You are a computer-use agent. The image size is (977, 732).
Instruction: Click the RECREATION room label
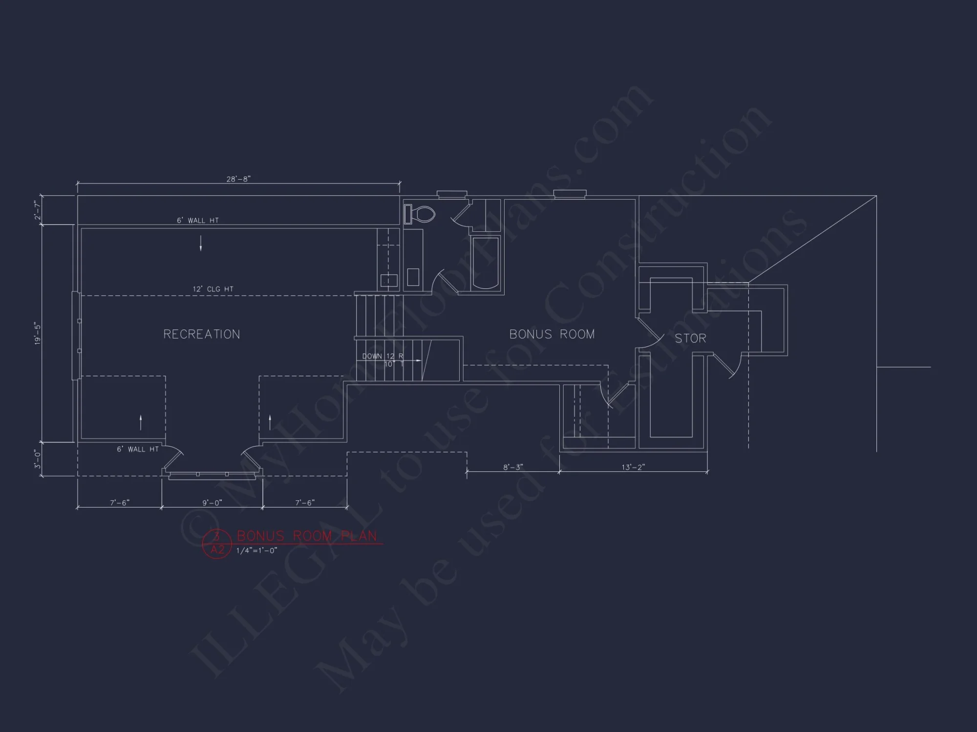(x=201, y=334)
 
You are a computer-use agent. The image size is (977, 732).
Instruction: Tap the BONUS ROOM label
(x=552, y=334)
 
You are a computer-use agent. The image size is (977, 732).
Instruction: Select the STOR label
(x=690, y=338)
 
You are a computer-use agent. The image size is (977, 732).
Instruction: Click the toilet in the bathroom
(x=420, y=214)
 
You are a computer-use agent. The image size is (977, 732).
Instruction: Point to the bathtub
(x=486, y=264)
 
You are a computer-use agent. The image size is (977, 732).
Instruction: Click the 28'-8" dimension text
(x=238, y=179)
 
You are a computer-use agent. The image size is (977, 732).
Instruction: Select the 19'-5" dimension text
(x=38, y=333)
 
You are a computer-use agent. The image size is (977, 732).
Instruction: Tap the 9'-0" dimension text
(x=212, y=503)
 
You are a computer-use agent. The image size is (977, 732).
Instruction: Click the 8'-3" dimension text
(x=513, y=467)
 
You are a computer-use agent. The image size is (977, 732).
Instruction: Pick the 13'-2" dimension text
(x=633, y=467)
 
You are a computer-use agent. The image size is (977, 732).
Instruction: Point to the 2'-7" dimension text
(x=38, y=210)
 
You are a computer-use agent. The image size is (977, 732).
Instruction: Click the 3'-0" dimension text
(x=38, y=459)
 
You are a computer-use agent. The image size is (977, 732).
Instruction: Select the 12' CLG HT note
(x=213, y=289)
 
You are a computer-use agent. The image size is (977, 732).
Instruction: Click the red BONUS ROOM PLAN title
(x=307, y=536)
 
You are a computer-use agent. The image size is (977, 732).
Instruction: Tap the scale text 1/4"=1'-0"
(x=257, y=550)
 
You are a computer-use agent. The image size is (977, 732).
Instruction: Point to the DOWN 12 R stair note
(x=382, y=356)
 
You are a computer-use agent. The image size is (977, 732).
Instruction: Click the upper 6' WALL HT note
(x=197, y=221)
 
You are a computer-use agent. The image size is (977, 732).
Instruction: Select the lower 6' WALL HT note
(x=137, y=449)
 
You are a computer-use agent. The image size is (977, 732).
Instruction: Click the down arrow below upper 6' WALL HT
(x=201, y=244)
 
